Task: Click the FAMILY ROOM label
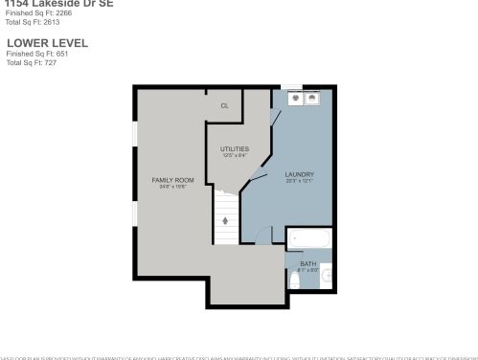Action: tap(172, 180)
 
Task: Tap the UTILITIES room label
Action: tap(235, 148)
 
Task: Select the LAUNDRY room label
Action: tap(300, 174)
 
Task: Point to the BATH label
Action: tap(307, 263)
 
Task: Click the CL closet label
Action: tap(225, 106)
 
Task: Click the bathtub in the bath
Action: tap(309, 238)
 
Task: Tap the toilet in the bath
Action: tap(295, 280)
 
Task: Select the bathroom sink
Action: tap(327, 277)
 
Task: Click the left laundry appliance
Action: tap(296, 98)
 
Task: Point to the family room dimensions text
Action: tap(172, 187)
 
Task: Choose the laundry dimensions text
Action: tap(300, 181)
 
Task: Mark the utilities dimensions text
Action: tap(235, 155)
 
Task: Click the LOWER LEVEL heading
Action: tap(47, 43)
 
